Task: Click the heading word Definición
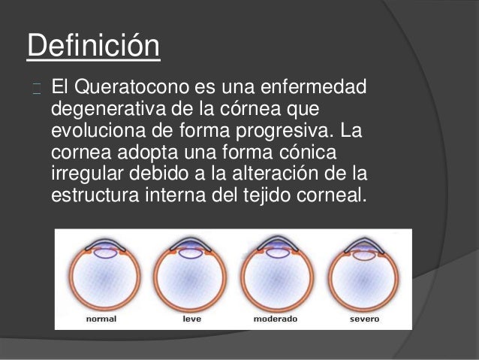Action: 93,47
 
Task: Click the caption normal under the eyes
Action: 101,319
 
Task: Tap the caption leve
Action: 191,319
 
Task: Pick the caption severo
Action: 365,319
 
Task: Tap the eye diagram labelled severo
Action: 365,274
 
